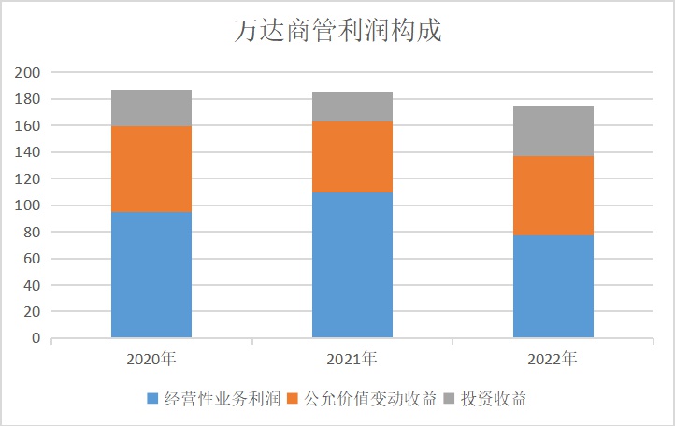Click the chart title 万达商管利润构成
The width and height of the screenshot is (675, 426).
tap(337, 31)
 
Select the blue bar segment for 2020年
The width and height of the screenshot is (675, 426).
tap(151, 275)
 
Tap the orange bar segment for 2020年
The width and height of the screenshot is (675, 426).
tap(151, 169)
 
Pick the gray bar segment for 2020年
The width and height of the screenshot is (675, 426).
tap(151, 108)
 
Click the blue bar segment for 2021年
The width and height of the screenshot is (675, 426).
tap(352, 264)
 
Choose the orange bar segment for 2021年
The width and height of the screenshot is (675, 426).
tap(352, 157)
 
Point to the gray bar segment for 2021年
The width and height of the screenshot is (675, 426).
tap(352, 107)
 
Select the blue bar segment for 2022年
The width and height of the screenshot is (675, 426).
tap(553, 286)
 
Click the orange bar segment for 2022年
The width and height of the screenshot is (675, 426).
tap(553, 195)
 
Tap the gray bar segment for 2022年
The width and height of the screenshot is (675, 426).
tap(553, 131)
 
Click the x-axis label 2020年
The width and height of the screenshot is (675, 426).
tap(151, 358)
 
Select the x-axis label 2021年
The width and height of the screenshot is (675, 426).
tap(352, 358)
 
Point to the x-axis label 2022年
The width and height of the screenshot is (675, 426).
tap(553, 358)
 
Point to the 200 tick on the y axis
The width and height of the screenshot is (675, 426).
tap(28, 73)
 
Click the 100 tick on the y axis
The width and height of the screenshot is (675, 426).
tap(28, 206)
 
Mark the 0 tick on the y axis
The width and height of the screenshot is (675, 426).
tap(36, 338)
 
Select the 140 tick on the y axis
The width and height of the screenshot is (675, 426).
tap(28, 152)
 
